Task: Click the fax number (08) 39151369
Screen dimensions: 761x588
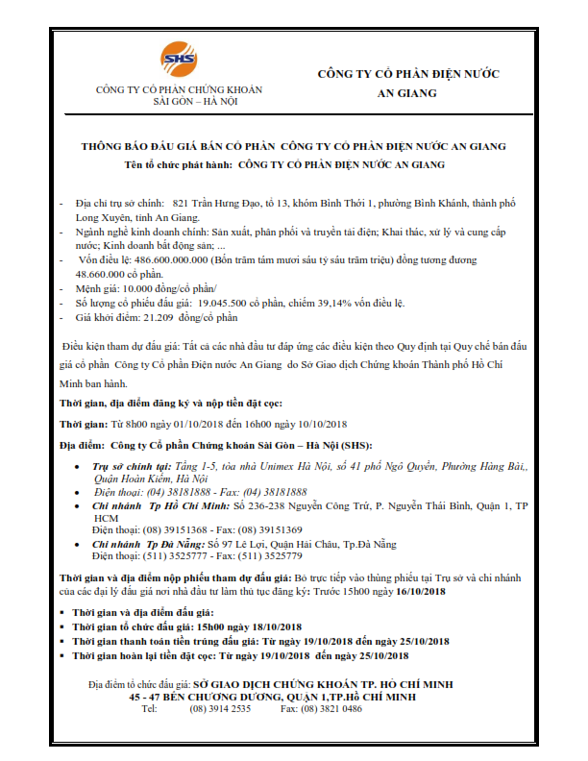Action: pyautogui.click(x=268, y=529)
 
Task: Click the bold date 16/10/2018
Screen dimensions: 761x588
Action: pyautogui.click(x=419, y=592)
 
